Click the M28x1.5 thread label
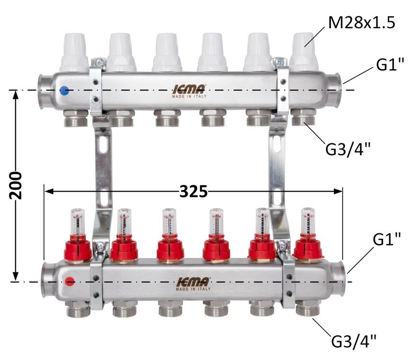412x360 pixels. click(361, 23)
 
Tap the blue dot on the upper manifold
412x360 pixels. click(64, 90)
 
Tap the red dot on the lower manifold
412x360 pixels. click(69, 281)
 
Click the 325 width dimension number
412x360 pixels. click(193, 191)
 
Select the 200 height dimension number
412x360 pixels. click(16, 185)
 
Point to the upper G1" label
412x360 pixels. click(390, 64)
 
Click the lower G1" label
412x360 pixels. click(387, 239)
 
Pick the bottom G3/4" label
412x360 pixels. click(354, 341)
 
